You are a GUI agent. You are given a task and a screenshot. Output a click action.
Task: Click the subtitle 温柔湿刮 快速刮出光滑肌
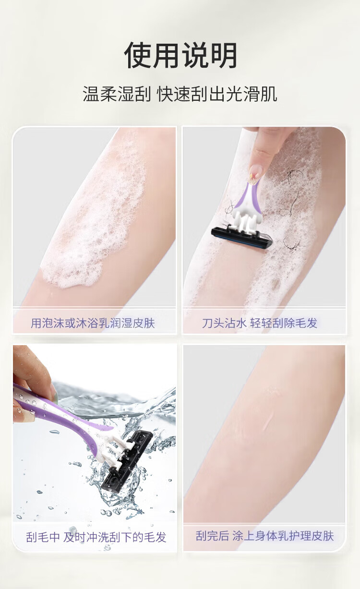180,94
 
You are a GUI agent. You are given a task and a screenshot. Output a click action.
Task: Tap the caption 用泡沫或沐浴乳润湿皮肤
93,323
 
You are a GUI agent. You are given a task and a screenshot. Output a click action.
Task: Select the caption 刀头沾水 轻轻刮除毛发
260,323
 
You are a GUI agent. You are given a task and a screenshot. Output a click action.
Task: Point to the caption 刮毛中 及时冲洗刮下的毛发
96,537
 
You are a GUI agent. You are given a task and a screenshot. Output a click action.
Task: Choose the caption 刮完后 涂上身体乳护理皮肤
264,536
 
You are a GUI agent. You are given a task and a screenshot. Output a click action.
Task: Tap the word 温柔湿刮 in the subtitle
117,94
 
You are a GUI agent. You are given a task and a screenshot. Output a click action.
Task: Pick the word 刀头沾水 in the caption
224,323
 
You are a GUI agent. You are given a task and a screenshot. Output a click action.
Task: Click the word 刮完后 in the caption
212,536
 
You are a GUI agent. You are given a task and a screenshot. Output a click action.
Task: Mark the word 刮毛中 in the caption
43,537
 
